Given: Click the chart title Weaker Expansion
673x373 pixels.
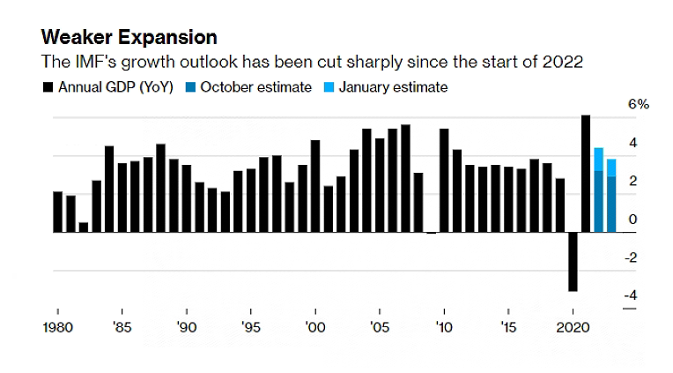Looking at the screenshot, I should click(128, 38).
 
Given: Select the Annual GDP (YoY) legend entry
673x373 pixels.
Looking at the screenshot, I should click(110, 86).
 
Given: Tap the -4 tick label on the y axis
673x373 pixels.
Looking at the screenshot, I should click(631, 295).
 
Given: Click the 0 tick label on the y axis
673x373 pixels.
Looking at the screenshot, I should click(632, 219).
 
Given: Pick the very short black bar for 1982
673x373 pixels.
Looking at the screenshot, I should click(83, 227).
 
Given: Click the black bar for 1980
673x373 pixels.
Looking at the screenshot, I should click(57, 212).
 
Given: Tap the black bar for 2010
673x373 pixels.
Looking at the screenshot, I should click(444, 181).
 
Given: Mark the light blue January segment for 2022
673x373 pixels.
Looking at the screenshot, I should click(598, 159).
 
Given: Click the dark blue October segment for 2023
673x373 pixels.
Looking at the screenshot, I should click(611, 205).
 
